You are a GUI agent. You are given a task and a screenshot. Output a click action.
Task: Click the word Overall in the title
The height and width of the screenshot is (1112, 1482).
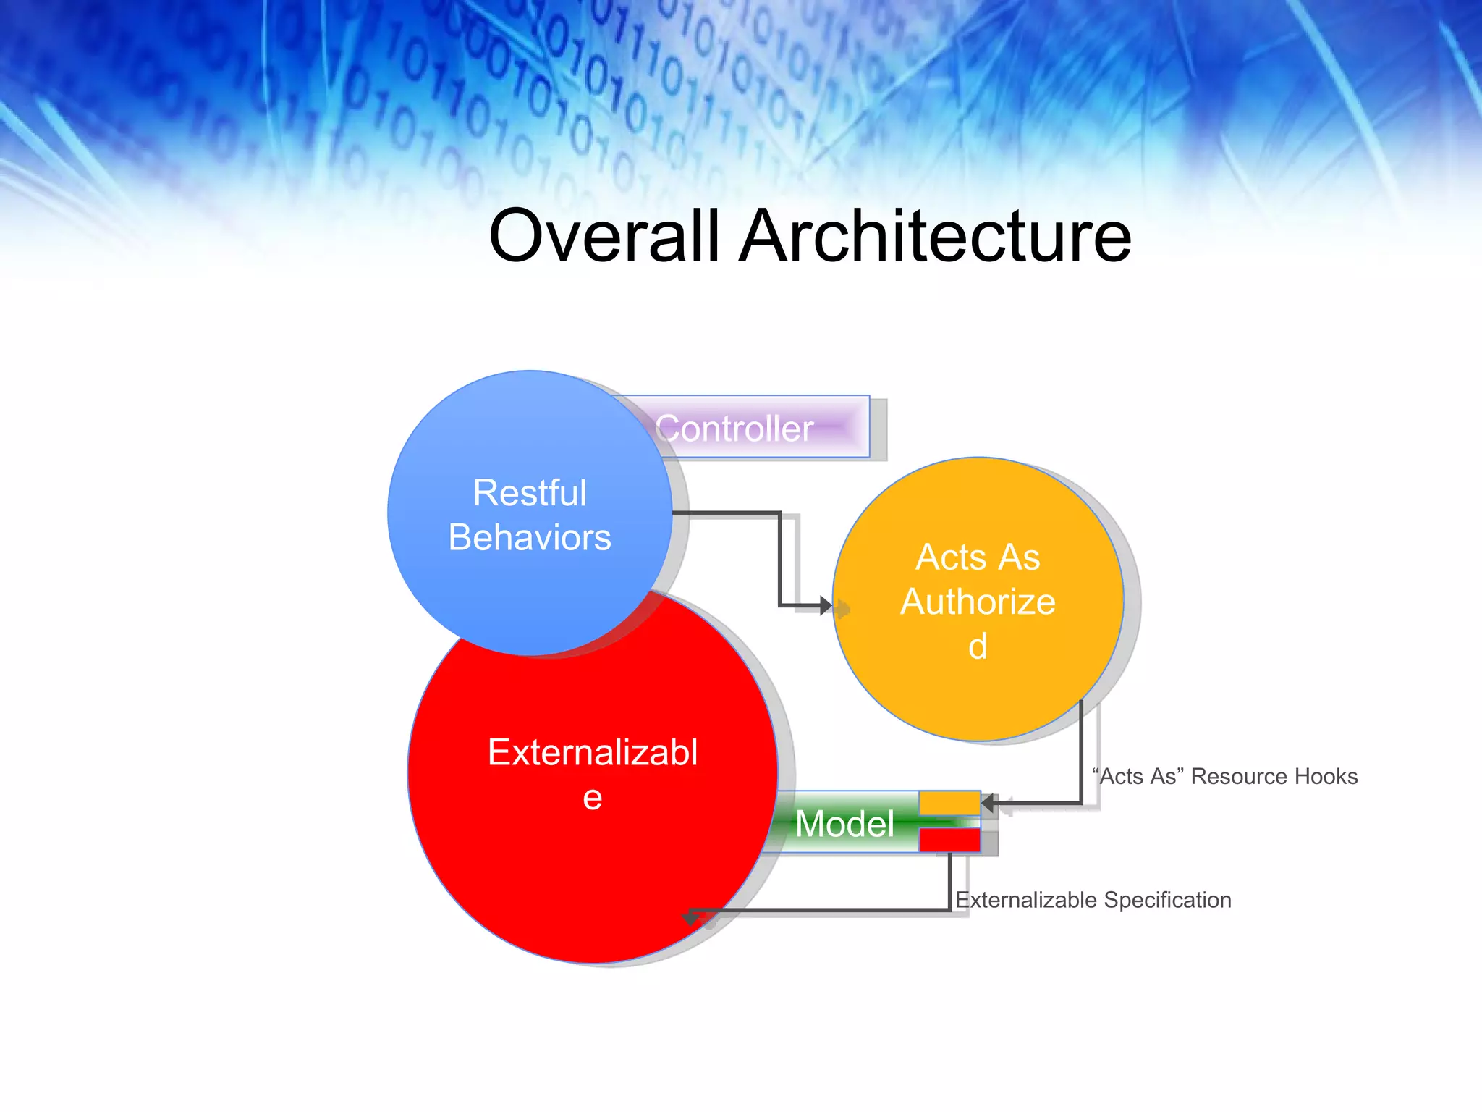click(605, 236)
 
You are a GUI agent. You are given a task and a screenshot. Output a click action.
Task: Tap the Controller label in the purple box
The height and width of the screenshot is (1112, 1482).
click(734, 429)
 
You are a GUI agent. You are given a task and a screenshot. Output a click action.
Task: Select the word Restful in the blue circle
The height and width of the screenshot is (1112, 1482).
click(530, 493)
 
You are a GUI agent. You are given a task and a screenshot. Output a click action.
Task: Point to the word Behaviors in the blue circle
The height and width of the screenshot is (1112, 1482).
click(530, 537)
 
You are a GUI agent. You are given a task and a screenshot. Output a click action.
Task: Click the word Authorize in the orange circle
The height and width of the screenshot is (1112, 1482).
click(978, 602)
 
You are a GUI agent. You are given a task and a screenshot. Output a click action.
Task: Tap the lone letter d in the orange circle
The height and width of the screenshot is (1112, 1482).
click(978, 646)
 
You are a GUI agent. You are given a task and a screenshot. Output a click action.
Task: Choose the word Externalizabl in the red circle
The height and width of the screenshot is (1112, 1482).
click(593, 752)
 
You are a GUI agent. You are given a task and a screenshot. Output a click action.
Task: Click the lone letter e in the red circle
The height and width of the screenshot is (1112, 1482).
click(593, 797)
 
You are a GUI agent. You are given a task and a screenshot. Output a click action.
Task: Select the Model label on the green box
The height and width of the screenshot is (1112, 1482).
click(844, 824)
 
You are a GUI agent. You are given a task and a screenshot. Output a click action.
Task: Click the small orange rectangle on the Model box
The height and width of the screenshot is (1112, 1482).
click(949, 803)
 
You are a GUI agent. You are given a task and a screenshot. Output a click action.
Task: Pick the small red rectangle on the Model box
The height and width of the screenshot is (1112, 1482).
click(949, 841)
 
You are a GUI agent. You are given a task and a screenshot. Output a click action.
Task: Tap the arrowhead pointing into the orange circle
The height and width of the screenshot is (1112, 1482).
click(826, 605)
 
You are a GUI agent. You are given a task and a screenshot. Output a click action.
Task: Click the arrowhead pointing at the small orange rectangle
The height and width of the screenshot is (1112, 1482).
click(988, 803)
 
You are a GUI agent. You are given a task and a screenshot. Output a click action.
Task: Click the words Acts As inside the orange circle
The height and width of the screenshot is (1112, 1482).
click(978, 557)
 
